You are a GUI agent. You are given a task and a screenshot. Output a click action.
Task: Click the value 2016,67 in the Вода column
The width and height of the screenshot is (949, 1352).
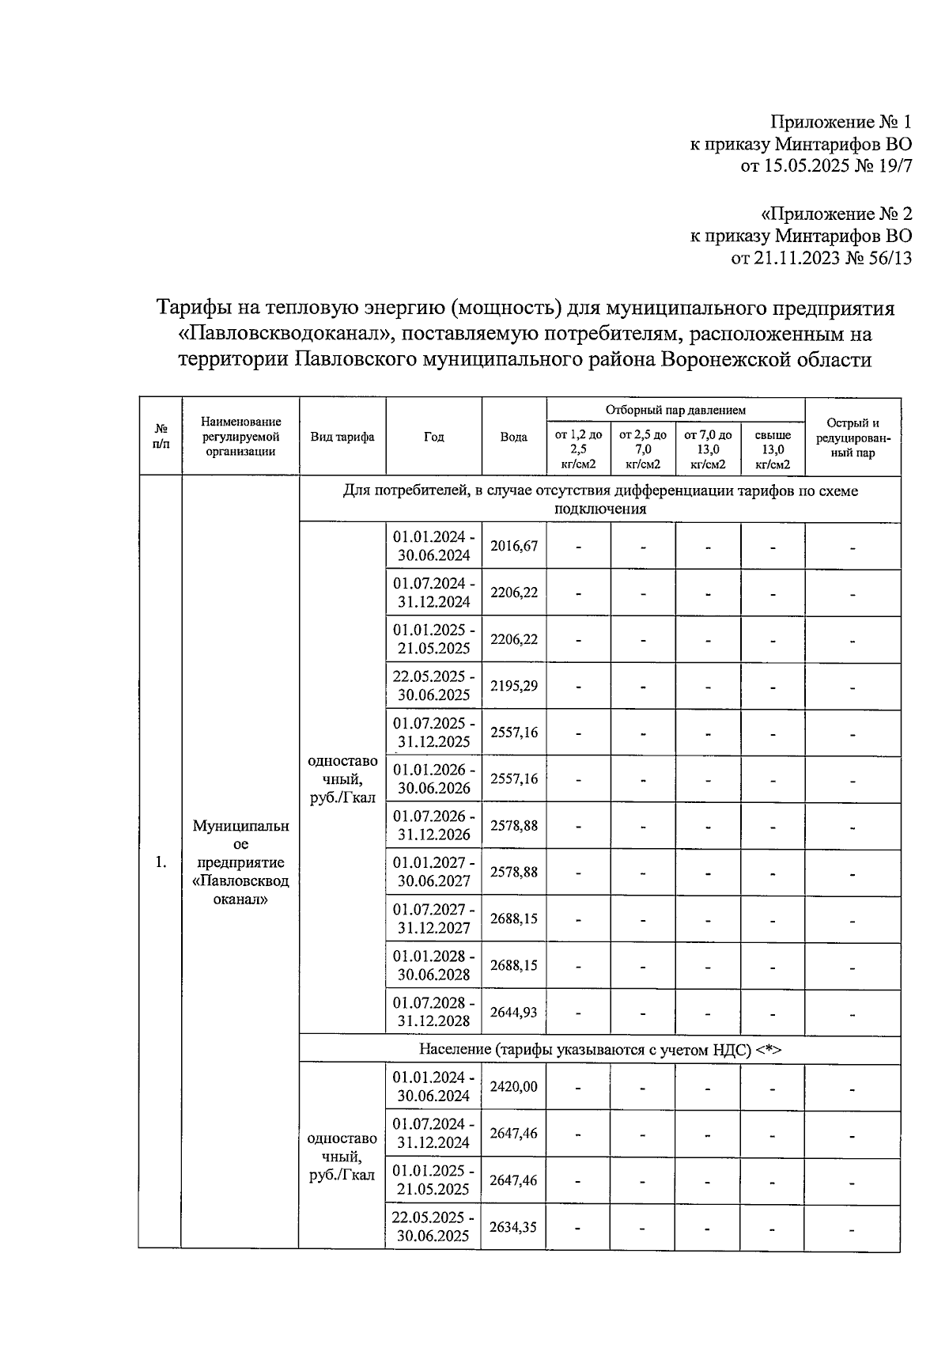click(514, 546)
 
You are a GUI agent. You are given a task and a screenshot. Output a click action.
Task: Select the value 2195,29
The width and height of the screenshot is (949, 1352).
click(514, 686)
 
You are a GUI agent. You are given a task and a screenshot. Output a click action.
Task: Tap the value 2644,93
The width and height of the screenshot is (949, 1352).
click(514, 1012)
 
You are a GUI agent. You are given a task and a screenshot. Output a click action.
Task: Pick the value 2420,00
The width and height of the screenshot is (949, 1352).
click(514, 1087)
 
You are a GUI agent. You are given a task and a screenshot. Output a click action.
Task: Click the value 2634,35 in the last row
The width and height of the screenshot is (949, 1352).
click(514, 1227)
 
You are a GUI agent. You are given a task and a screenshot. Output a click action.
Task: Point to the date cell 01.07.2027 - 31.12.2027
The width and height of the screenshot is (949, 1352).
click(434, 918)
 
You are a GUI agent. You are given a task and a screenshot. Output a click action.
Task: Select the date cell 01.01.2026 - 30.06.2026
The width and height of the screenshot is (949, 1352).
click(434, 778)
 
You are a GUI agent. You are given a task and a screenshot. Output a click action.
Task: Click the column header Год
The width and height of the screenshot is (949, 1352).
click(433, 437)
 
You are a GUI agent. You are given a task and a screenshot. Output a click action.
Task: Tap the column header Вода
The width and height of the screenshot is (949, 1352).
click(514, 437)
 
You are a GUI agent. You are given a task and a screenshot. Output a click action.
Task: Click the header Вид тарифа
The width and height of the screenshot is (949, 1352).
click(342, 437)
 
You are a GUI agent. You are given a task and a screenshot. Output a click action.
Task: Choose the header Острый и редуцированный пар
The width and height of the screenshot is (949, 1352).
click(853, 437)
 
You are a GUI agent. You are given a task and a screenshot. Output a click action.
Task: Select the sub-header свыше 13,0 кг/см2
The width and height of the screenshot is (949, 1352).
click(773, 449)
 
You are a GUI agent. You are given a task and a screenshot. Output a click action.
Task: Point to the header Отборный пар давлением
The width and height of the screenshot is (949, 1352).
click(675, 410)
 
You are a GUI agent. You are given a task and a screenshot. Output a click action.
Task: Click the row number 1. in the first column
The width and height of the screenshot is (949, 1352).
click(161, 862)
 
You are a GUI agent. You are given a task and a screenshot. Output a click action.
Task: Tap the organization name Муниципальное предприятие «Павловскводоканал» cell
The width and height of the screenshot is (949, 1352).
click(240, 862)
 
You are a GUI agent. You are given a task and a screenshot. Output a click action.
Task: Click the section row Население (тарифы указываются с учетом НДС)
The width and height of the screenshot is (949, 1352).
click(599, 1050)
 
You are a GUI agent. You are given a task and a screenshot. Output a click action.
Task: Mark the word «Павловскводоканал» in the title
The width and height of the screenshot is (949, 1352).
click(281, 334)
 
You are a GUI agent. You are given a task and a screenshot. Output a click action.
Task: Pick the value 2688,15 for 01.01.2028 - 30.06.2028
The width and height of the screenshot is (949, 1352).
click(514, 965)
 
